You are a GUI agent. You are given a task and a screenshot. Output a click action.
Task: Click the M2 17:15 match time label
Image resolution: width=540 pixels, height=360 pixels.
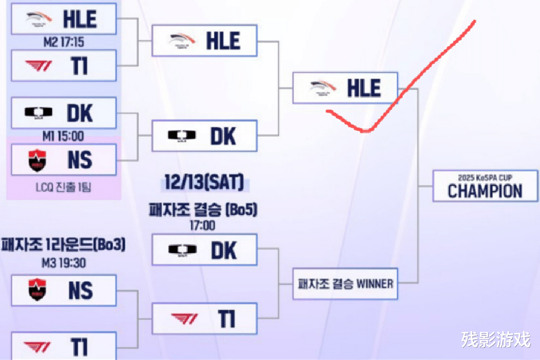pyautogui.click(x=63, y=42)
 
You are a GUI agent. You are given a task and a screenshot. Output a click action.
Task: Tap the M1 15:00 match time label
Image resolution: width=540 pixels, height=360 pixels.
pyautogui.click(x=63, y=136)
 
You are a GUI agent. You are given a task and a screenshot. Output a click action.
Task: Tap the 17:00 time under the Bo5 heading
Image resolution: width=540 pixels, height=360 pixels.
pyautogui.click(x=203, y=225)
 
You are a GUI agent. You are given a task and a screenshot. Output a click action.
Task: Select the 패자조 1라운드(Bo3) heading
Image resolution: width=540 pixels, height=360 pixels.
pyautogui.click(x=63, y=245)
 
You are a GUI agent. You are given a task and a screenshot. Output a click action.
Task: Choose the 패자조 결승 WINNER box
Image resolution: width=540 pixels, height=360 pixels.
pyautogui.click(x=345, y=283)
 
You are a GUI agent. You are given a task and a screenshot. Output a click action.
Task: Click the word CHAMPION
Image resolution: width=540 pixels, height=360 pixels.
pyautogui.click(x=485, y=190)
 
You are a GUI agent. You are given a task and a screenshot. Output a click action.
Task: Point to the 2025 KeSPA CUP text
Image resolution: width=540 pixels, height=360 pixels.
pyautogui.click(x=485, y=177)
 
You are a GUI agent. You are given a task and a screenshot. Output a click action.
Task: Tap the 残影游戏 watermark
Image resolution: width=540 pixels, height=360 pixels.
pyautogui.click(x=495, y=340)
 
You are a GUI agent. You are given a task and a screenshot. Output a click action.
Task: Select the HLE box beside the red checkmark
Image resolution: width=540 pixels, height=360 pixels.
pyautogui.click(x=345, y=88)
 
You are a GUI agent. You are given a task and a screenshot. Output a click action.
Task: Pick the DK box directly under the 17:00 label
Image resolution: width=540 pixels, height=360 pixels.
pyautogui.click(x=204, y=250)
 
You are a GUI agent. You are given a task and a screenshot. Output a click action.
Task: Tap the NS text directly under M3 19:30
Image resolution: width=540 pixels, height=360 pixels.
pyautogui.click(x=80, y=290)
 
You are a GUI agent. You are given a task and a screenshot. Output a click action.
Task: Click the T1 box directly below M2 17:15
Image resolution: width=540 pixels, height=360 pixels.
pyautogui.click(x=63, y=65)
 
